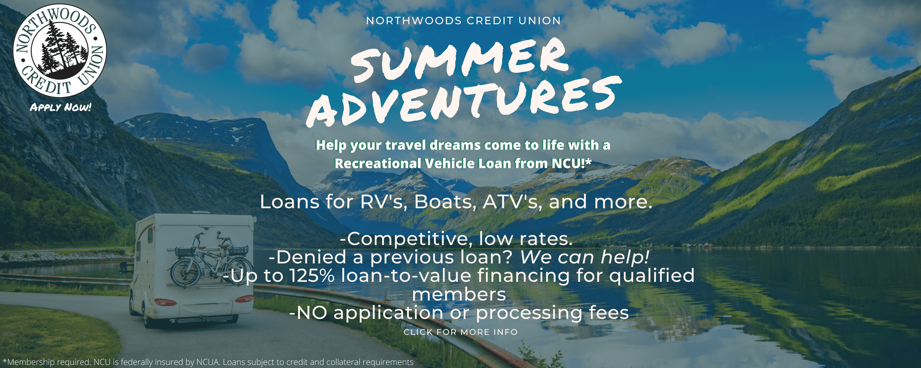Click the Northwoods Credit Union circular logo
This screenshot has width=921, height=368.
60,50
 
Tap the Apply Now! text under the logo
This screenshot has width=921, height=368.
60,107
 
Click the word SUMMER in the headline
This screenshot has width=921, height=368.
460,61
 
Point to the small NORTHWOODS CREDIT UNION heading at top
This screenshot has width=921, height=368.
463,21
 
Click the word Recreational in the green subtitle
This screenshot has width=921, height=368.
378,163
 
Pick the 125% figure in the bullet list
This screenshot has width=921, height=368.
312,275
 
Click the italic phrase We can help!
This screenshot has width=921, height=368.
585,257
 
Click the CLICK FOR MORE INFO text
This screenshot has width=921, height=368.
460,332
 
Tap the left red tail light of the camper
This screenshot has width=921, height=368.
165,302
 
